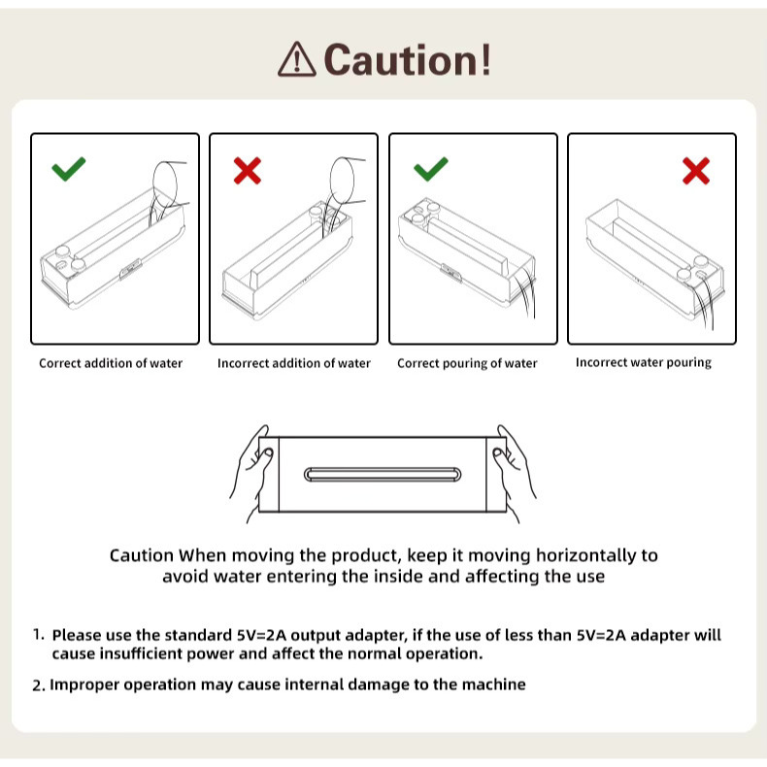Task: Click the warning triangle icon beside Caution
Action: coord(296,59)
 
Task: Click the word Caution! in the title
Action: coord(407,59)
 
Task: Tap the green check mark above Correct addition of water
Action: coord(69,169)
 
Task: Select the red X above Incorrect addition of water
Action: coord(248,170)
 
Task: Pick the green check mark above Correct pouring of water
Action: coord(430,169)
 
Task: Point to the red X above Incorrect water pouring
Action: coord(696,171)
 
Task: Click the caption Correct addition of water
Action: coord(111,363)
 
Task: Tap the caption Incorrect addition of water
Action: coord(294,363)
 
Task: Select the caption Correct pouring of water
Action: coord(467,363)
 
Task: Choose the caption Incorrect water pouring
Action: coord(644,362)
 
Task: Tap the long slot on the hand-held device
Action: coord(383,475)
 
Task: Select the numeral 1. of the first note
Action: coord(39,635)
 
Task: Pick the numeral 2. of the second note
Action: coord(39,685)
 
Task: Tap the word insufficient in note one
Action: coord(142,653)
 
